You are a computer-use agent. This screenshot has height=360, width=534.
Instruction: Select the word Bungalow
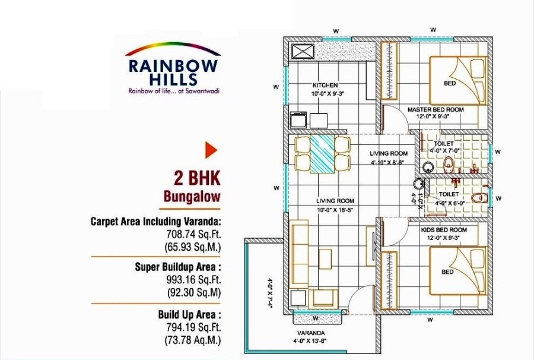[192, 195]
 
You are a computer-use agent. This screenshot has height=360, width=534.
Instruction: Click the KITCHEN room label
[325, 86]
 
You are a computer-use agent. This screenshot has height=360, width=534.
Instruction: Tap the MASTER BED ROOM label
[436, 110]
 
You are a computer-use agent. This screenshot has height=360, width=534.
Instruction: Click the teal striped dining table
[324, 153]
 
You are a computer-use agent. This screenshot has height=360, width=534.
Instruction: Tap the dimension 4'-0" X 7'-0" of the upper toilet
[443, 152]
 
